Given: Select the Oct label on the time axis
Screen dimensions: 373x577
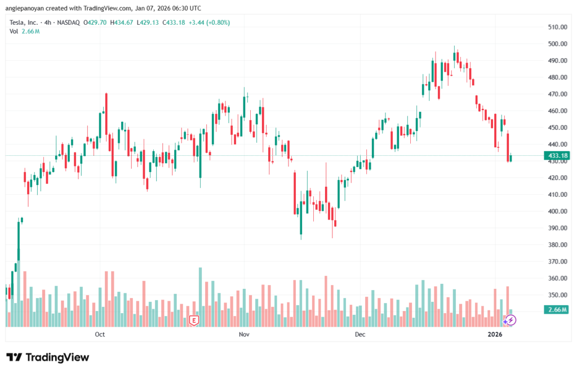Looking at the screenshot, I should click(100, 335).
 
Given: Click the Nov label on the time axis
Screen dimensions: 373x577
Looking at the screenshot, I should click(244, 335).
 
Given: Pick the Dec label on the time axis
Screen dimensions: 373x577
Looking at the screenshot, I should click(360, 335).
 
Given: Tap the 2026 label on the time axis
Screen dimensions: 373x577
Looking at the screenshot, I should click(495, 335).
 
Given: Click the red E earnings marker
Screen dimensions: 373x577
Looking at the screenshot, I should click(194, 320).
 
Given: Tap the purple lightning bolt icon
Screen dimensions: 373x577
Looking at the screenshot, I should click(510, 320).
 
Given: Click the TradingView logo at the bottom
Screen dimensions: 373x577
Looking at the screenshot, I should click(47, 357).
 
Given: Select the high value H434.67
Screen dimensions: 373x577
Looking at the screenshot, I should click(122, 23).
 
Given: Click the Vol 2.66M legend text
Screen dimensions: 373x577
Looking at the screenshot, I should click(24, 31).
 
